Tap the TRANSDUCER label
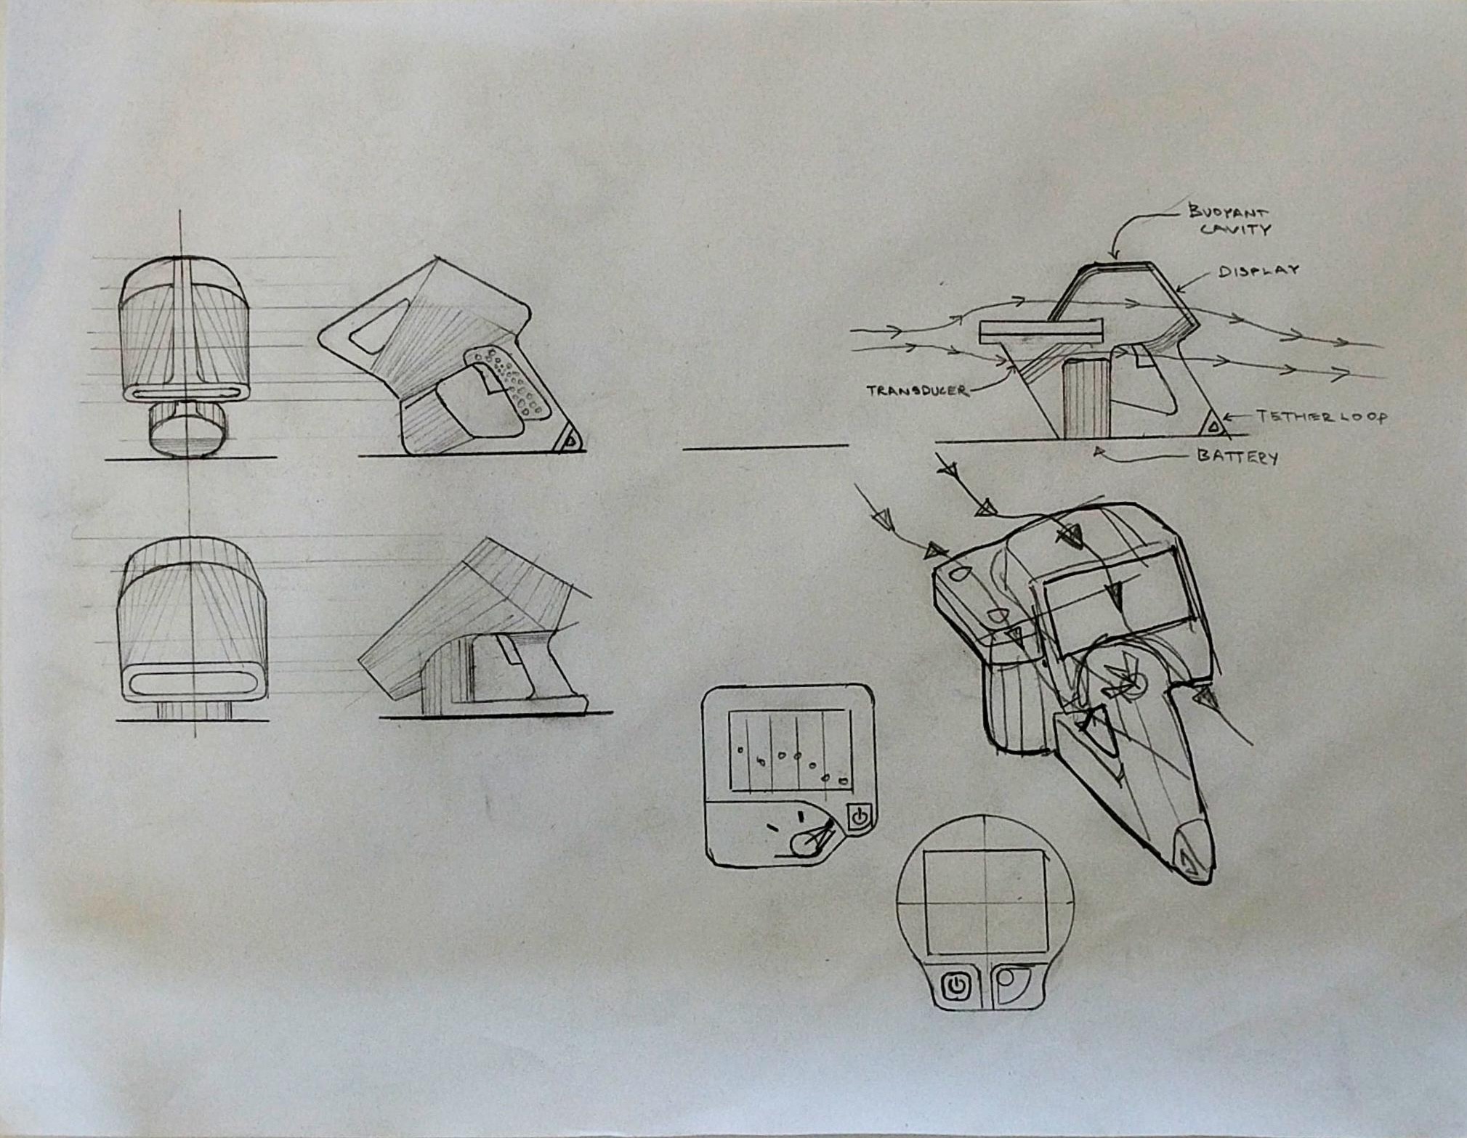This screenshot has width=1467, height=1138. [918, 390]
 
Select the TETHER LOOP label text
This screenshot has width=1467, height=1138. [1322, 416]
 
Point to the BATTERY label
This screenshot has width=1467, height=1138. [1237, 456]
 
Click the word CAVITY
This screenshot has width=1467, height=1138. [1234, 229]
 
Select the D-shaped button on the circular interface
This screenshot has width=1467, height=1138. [1011, 985]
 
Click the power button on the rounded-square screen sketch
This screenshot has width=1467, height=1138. [860, 816]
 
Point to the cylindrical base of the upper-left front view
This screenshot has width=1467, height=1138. [187, 428]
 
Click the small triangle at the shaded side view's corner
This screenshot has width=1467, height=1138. [569, 440]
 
